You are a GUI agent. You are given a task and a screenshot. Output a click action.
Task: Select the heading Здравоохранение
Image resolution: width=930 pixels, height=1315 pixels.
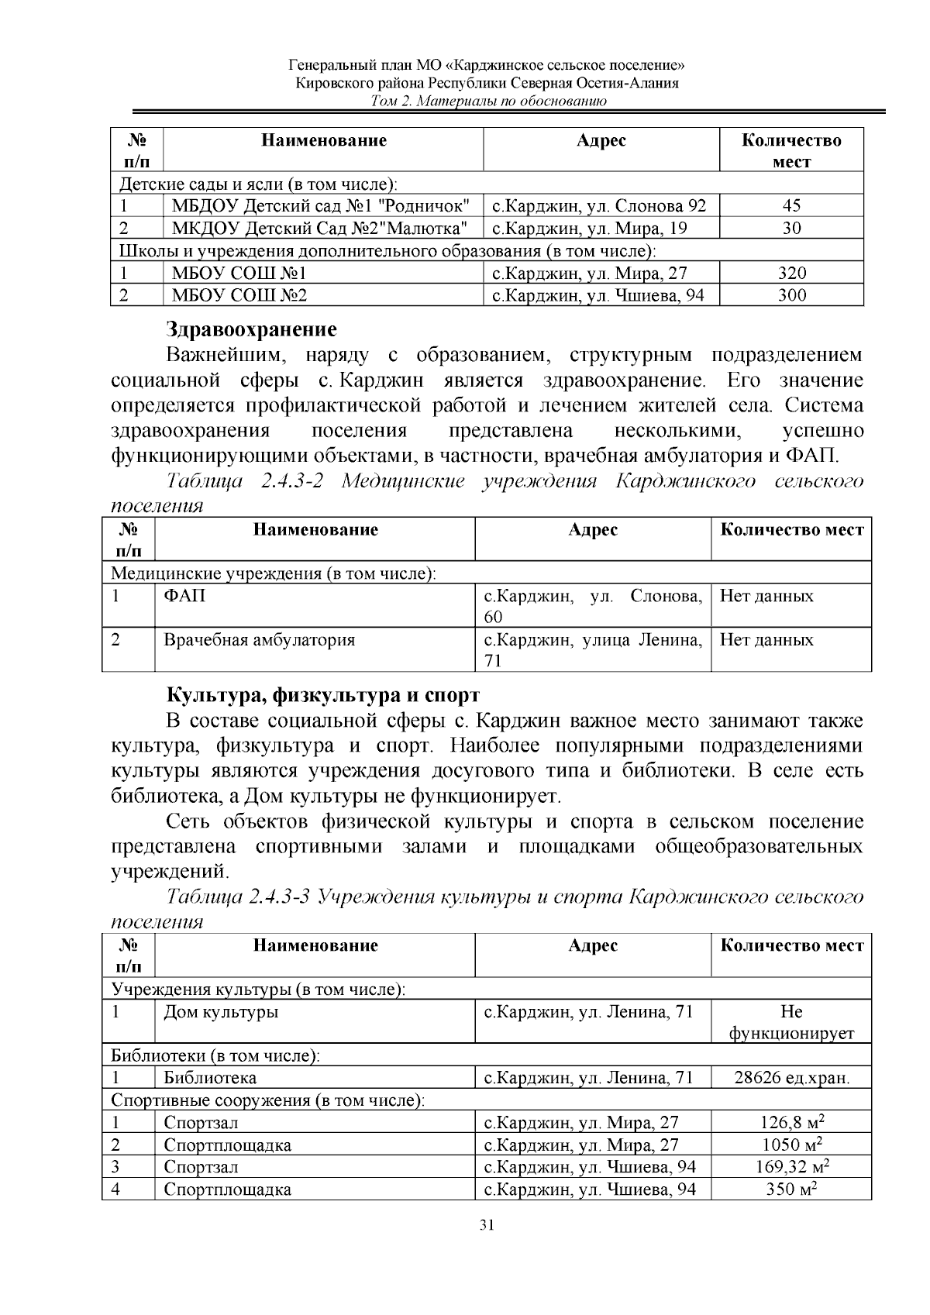pyautogui.click(x=251, y=329)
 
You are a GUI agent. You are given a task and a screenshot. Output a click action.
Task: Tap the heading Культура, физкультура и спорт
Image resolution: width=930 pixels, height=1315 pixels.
pyautogui.click(x=322, y=694)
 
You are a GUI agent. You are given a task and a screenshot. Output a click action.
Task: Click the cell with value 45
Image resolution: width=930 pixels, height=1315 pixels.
pyautogui.click(x=791, y=205)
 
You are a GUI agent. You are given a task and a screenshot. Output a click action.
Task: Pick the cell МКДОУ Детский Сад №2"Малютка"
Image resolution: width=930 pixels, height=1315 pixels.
pyautogui.click(x=319, y=228)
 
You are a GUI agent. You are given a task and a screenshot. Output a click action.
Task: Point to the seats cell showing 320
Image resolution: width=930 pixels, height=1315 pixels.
pyautogui.click(x=791, y=273)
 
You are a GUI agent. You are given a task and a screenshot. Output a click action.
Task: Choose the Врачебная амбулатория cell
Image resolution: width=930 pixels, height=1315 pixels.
pyautogui.click(x=259, y=640)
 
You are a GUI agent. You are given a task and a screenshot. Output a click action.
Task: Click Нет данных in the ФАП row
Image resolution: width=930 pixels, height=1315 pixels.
pyautogui.click(x=766, y=596)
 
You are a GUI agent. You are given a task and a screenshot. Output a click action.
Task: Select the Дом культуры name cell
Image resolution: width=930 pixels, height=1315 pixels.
pyautogui.click(x=221, y=1012)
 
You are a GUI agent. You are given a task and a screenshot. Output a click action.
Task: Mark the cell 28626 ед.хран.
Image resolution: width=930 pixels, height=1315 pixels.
pyautogui.click(x=791, y=1078)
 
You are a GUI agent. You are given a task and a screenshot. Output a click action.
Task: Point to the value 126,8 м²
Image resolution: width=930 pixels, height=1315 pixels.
pyautogui.click(x=791, y=1122)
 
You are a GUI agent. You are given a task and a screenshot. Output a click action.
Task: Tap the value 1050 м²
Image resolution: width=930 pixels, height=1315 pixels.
pyautogui.click(x=791, y=1145)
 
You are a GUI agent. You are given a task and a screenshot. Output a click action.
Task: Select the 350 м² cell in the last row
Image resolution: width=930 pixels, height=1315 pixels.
pyautogui.click(x=791, y=1189)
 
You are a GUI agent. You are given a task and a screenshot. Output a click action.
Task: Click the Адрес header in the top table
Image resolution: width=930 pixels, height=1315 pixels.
pyautogui.click(x=601, y=140)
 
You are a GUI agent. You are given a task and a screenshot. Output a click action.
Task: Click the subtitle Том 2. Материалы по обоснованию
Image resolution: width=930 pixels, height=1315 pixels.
pyautogui.click(x=487, y=102)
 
